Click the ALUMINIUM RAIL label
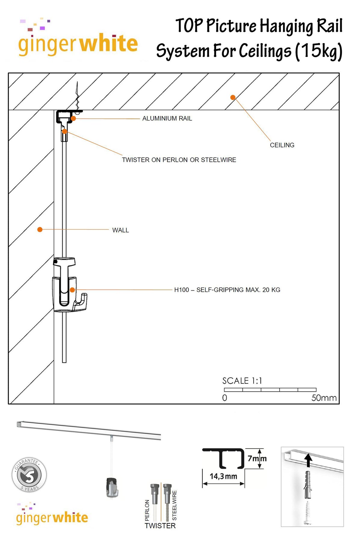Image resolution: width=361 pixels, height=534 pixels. pos(167,119)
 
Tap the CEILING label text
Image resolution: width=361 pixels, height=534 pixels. pos(282,145)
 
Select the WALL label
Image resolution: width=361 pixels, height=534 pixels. pos(120,230)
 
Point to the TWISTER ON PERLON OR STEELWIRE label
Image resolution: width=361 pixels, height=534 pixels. pos(179,160)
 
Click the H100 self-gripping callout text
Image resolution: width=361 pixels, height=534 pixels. pos(227,290)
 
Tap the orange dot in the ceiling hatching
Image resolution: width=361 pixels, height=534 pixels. pos(233,97)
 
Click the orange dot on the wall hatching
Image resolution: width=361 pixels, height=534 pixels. pos(40,230)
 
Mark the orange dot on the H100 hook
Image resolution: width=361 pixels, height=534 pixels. pos(72,290)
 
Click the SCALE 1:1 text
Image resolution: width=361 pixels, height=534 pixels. pos(242,381)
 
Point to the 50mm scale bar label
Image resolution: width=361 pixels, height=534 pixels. pos(324,398)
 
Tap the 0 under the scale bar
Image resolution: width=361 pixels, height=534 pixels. pos(225,398)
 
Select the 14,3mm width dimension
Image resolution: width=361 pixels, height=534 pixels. pos(223,477)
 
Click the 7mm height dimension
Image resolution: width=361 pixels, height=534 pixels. pos(257,458)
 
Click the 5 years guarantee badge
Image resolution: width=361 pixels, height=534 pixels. pos(29,475)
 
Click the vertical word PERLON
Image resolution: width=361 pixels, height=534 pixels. pos(147,510)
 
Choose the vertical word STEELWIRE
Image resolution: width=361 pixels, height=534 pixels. pos(174,505)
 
